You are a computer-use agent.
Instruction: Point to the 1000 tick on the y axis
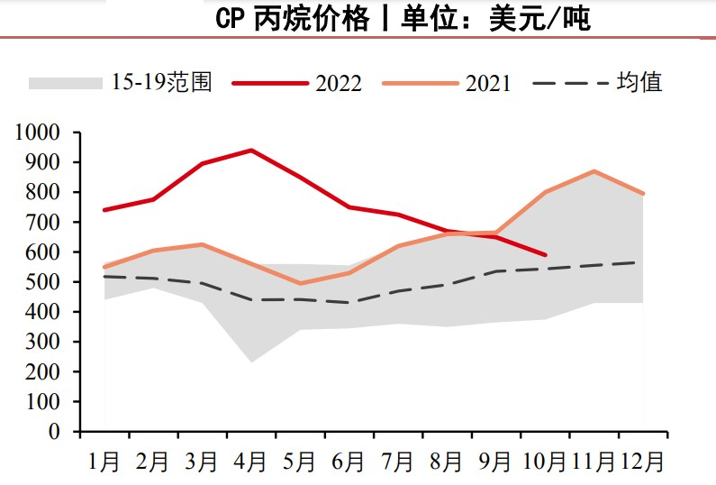38,133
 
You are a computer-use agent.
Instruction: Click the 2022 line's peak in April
251,151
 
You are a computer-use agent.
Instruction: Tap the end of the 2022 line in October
545,254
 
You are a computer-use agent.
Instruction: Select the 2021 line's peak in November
594,171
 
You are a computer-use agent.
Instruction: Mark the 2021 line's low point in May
300,284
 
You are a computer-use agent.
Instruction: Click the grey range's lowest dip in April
251,362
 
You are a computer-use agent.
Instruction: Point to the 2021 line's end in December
643,194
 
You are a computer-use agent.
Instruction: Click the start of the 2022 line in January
104,210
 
